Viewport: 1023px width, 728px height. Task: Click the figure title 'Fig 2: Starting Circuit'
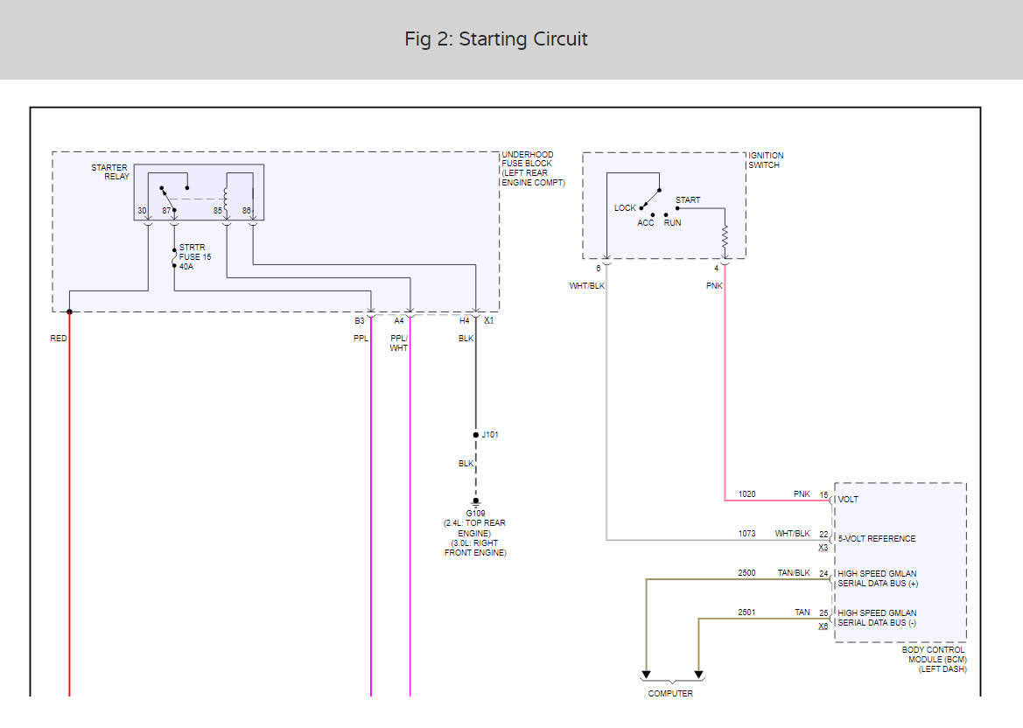(496, 39)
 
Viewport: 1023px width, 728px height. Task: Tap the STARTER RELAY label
(110, 172)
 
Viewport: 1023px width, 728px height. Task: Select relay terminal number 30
(142, 211)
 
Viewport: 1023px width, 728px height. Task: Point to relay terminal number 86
(246, 211)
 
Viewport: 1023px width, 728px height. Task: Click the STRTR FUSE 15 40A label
(195, 257)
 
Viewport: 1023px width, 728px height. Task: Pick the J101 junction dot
(475, 435)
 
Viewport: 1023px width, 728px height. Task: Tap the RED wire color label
(58, 339)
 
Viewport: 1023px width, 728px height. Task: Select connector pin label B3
(360, 321)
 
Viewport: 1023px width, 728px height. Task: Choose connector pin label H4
(465, 321)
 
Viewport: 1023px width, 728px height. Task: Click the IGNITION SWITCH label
(766, 160)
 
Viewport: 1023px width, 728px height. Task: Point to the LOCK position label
(624, 208)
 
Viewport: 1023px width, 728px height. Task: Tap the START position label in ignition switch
(688, 200)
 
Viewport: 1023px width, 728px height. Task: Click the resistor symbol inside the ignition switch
(725, 237)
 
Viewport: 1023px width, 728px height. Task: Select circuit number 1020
(747, 494)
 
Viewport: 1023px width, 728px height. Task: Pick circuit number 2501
(747, 612)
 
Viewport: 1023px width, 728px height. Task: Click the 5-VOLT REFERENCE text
(877, 539)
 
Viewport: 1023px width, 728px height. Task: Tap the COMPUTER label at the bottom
(670, 693)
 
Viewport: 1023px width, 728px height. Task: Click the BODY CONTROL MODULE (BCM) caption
(934, 660)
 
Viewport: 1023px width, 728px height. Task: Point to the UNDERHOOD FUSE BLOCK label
(533, 169)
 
